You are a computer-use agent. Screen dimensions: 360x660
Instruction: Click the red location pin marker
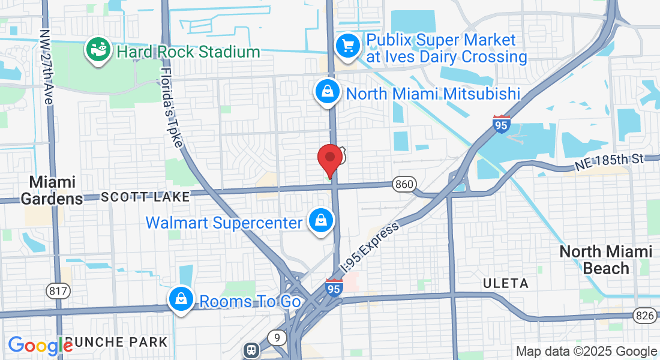pyautogui.click(x=329, y=158)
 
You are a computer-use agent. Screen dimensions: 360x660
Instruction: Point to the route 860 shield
pyautogui.click(x=404, y=184)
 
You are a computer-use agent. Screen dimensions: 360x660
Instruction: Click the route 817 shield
pyautogui.click(x=58, y=292)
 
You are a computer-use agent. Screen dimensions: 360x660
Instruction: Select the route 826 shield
pyautogui.click(x=644, y=314)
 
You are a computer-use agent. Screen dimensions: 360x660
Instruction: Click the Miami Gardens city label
pyautogui.click(x=53, y=190)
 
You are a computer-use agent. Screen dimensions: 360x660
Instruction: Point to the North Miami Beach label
pyautogui.click(x=605, y=259)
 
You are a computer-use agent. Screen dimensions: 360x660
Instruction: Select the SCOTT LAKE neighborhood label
pyautogui.click(x=145, y=196)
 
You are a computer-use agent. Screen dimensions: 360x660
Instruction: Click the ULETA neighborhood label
pyautogui.click(x=506, y=283)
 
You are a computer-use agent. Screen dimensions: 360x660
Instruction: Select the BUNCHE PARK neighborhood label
pyautogui.click(x=116, y=343)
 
